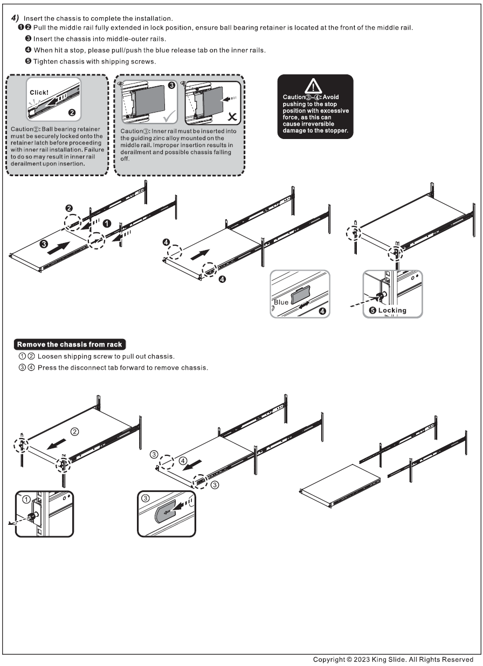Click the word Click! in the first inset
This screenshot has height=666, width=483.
[x=39, y=92]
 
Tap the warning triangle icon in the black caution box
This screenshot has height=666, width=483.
[x=314, y=86]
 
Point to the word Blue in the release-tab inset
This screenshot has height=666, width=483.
[x=281, y=302]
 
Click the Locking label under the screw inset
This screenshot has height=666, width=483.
[x=392, y=310]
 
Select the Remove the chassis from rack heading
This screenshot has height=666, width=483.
[x=70, y=344]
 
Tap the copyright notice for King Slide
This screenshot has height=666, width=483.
[x=394, y=660]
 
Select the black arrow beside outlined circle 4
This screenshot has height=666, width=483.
[x=196, y=464]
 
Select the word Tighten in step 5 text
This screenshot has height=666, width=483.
[x=46, y=61]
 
